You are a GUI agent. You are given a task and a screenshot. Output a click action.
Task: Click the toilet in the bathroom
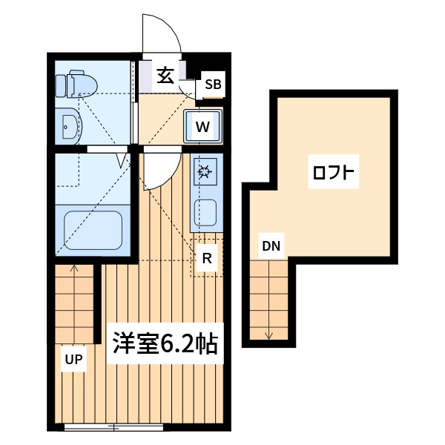click(76, 85)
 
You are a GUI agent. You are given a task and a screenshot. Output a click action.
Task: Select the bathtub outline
click(93, 231)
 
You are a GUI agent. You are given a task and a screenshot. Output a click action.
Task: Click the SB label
click(213, 85)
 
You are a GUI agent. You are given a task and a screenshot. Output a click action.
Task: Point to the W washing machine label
click(202, 127)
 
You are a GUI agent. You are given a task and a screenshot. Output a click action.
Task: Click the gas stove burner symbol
click(205, 171)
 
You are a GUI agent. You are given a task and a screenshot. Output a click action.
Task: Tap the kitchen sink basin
click(205, 213)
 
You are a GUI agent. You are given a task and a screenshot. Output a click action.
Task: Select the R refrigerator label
click(207, 258)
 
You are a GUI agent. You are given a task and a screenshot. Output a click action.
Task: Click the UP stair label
click(73, 360)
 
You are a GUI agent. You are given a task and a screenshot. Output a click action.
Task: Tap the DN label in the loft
click(271, 246)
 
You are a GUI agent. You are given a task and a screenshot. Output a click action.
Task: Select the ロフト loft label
click(334, 171)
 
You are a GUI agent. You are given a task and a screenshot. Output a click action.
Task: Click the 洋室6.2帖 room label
click(165, 343)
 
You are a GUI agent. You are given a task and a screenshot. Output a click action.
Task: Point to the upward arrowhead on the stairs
click(74, 267)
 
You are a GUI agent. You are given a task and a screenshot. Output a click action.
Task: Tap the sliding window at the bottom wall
click(113, 427)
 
